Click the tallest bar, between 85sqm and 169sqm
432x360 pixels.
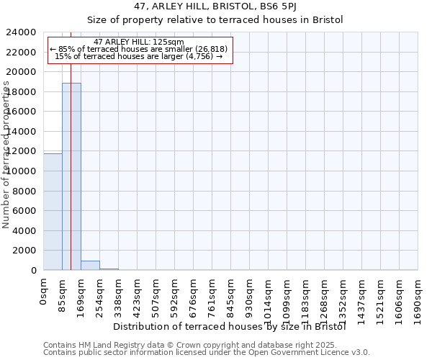coord(71,176)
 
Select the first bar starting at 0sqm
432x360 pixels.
coord(53,212)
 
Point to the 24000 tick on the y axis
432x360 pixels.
coord(24,32)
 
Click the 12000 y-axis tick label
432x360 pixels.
coord(24,151)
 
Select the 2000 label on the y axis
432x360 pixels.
coord(27,251)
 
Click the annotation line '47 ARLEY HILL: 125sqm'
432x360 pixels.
coord(139,42)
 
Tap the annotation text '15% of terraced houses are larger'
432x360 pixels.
coord(139,56)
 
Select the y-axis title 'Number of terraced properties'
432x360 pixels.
coord(6,155)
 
